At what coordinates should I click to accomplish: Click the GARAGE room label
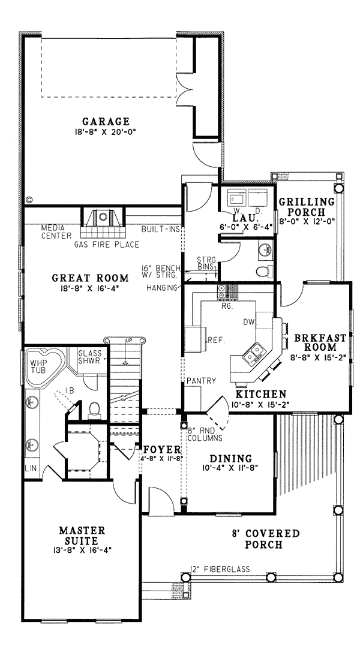coord(106,122)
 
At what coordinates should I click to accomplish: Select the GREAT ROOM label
coord(91,278)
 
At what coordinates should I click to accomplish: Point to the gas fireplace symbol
coord(102,221)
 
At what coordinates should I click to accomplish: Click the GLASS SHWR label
coord(90,357)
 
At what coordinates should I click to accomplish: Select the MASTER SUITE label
coord(82,535)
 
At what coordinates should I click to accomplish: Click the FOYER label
coord(162,450)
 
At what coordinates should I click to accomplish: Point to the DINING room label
coord(230,459)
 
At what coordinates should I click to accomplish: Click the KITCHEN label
coord(261,394)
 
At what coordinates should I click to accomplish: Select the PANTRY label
coord(201,381)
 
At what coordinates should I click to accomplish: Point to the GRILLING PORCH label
coord(307,207)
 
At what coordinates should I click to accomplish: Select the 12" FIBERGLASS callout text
coord(220,569)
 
